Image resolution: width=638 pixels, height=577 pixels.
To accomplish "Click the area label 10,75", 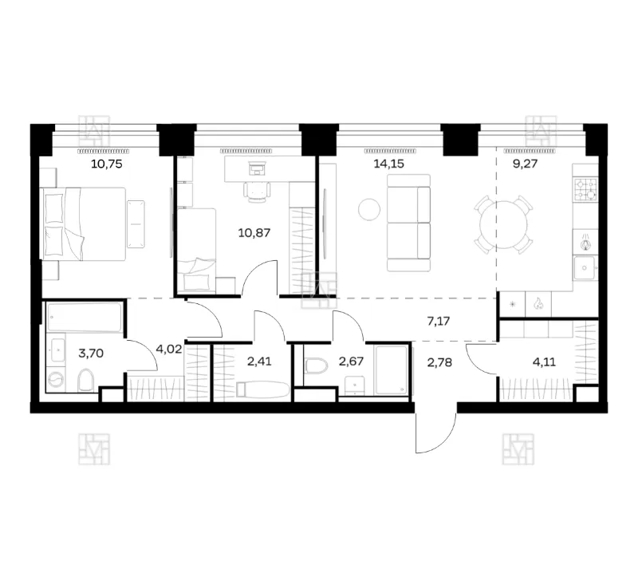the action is pos(107,164).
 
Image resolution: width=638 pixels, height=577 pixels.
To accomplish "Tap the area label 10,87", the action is pos(254,233).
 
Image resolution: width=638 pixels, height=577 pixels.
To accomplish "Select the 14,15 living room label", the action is pos(389,164).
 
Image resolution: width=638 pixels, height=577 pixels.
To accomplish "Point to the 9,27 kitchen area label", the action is pos(526,164).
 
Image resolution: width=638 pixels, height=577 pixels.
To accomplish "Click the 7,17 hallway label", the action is pos(439,322).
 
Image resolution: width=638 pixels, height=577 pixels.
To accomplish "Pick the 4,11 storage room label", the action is pos(544,362).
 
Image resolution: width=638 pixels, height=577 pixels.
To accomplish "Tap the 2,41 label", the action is pos(259,362).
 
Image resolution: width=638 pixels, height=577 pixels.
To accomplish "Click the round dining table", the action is pos(504,225).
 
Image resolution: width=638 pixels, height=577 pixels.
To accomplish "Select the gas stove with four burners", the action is pos(586,190).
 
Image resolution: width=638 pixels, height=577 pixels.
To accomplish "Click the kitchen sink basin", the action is pos(585,268).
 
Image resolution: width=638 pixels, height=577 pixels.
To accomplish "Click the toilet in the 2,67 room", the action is pos(316,366).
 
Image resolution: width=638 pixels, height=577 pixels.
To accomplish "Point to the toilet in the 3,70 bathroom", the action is pos(85,381).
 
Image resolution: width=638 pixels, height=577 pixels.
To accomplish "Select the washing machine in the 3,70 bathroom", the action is pos(55,380).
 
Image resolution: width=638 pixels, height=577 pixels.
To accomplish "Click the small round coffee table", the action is pos(369,209).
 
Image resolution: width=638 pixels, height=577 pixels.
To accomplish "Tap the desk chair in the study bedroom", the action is pos(257,192).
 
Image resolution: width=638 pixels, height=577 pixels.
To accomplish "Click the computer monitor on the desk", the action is pos(257,168).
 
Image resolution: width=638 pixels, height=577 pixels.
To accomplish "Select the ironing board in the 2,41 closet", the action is pos(263,389).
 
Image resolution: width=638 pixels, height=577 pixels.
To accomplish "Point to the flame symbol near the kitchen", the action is pos(538,304).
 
